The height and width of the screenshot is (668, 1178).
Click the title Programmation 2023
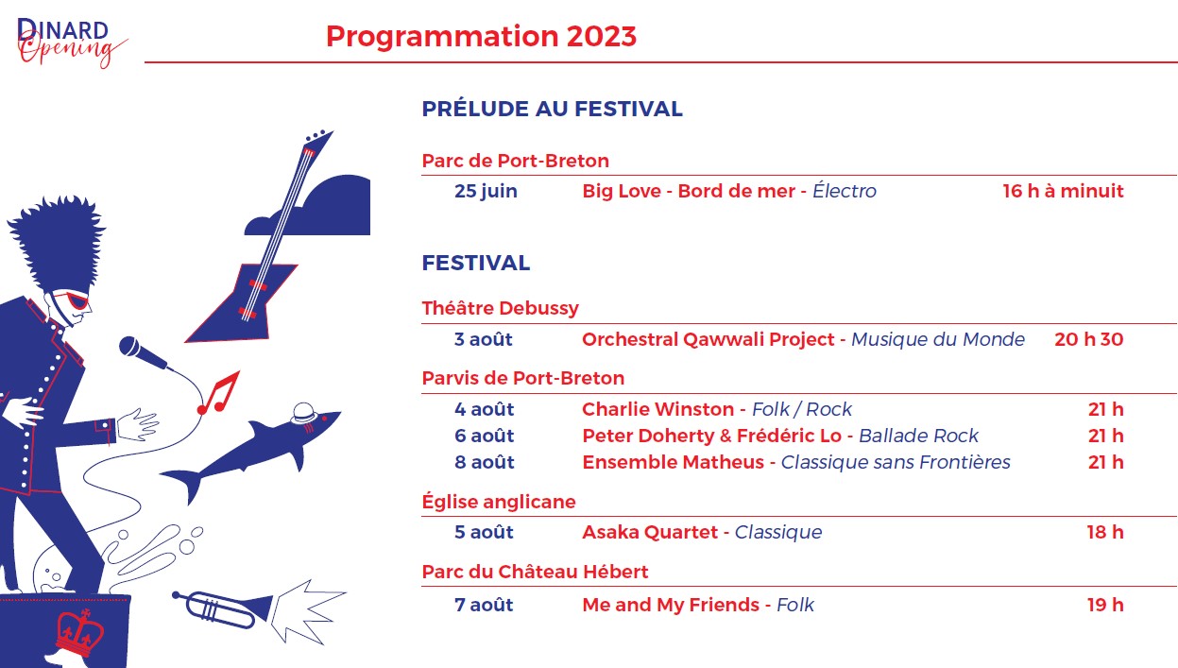click(481, 37)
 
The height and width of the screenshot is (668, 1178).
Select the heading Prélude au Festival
click(553, 109)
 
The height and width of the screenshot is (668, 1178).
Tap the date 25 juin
click(486, 191)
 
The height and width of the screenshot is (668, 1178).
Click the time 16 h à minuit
click(1063, 191)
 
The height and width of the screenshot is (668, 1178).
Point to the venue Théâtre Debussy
click(500, 308)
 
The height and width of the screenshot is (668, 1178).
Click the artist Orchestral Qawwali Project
click(708, 339)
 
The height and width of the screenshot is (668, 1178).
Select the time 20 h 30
click(1088, 339)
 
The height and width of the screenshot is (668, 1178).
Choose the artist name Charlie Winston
click(657, 409)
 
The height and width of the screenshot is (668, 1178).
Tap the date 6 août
click(485, 436)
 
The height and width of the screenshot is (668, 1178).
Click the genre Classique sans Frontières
click(895, 462)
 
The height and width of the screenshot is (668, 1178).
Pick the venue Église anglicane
click(499, 502)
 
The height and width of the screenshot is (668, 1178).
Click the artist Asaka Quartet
click(650, 532)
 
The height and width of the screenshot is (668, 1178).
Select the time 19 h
click(1105, 605)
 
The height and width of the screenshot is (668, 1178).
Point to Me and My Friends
click(671, 605)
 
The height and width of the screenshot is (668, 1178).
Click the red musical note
click(219, 393)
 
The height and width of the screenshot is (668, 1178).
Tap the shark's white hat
click(303, 413)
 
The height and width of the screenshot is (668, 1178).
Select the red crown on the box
click(80, 633)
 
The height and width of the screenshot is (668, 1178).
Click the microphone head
click(130, 347)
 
